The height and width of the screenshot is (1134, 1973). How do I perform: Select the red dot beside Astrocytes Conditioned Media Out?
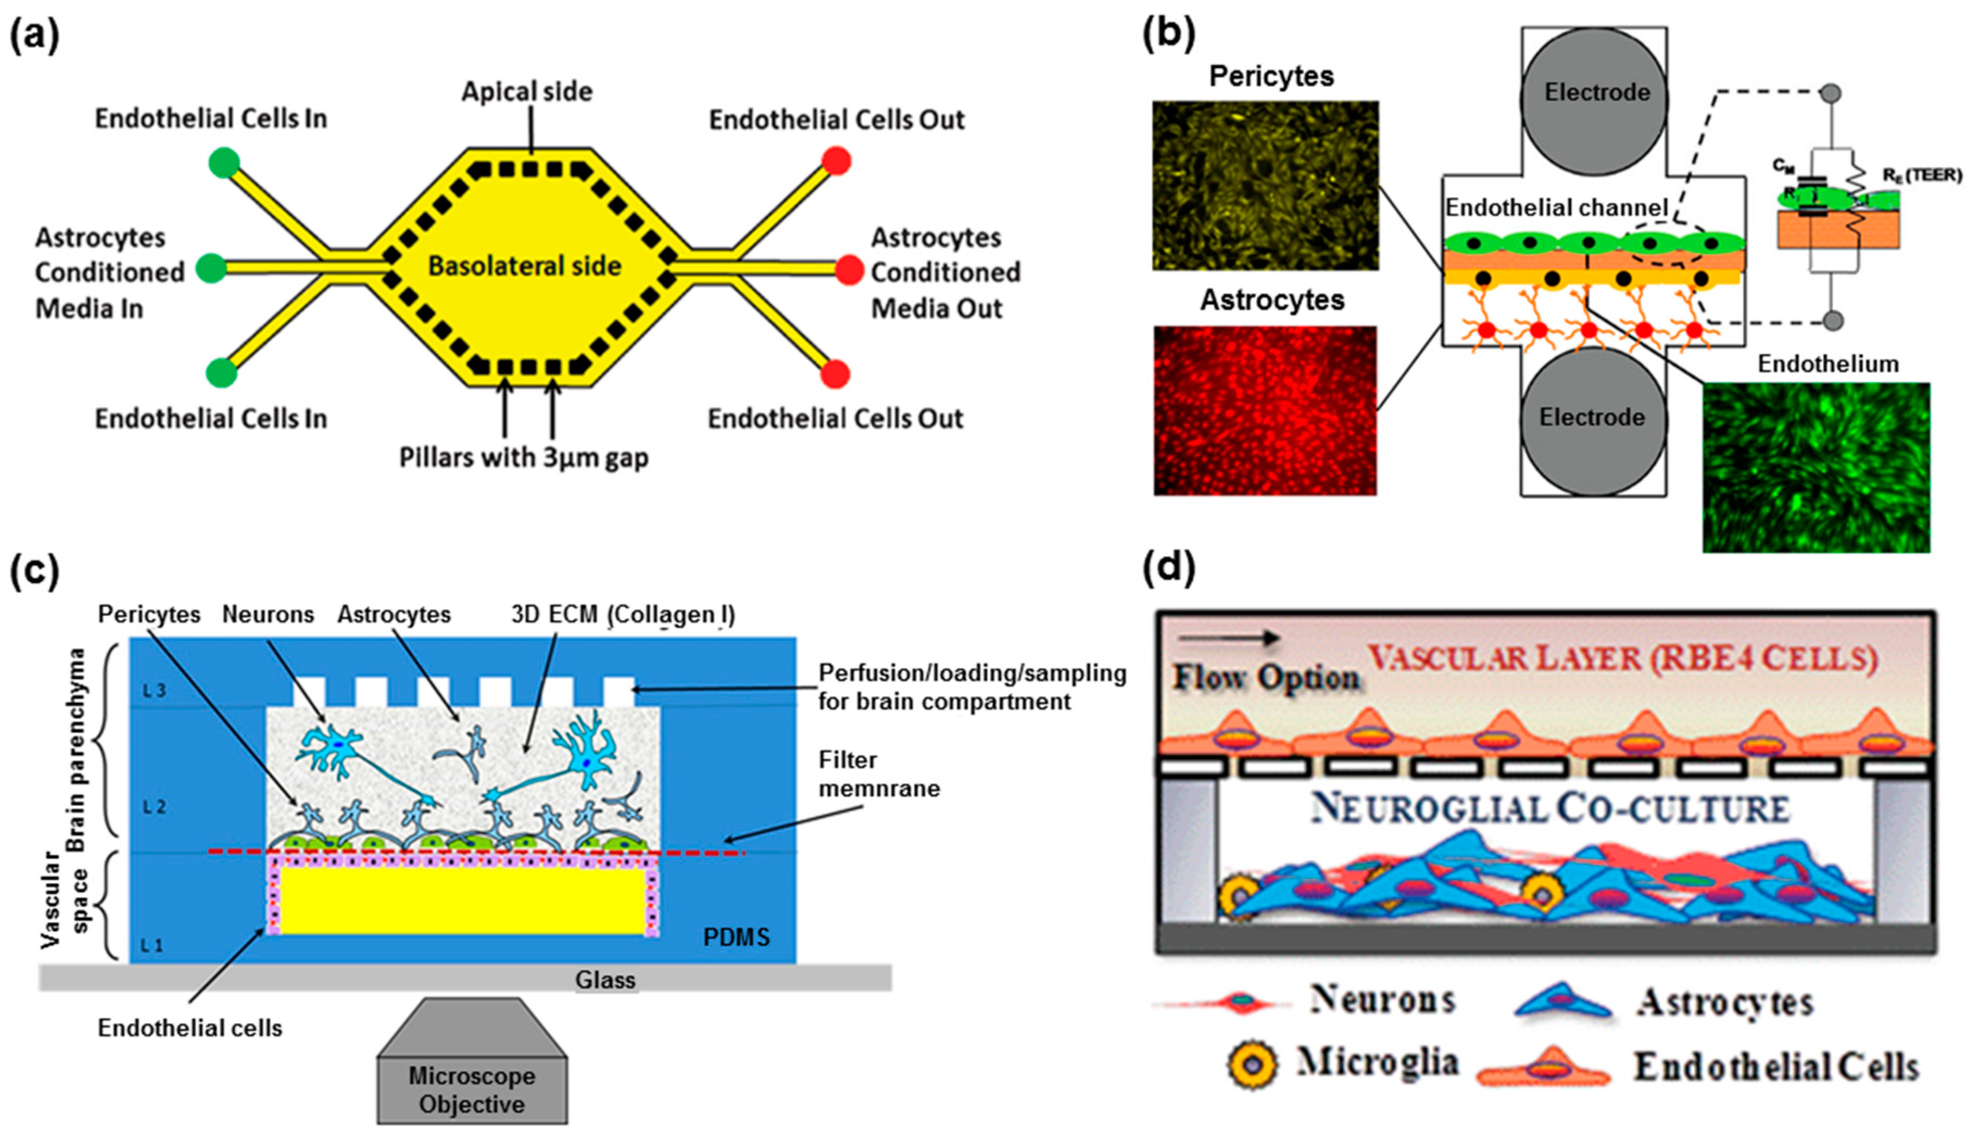[849, 270]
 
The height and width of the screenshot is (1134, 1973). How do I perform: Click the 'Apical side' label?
[527, 92]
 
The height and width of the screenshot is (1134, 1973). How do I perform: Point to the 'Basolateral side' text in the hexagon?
[525, 266]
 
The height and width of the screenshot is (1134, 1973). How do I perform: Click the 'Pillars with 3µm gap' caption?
[523, 457]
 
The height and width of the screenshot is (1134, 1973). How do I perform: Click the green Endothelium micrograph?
[1816, 467]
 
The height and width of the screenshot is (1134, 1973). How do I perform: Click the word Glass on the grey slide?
[605, 980]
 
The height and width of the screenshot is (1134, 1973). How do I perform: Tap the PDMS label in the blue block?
[736, 936]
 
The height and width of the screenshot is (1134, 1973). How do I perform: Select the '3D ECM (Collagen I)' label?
[623, 614]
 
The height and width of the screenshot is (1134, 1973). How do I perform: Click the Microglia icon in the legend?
[1252, 1064]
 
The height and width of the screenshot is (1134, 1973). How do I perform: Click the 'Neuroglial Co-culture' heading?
[1549, 810]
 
